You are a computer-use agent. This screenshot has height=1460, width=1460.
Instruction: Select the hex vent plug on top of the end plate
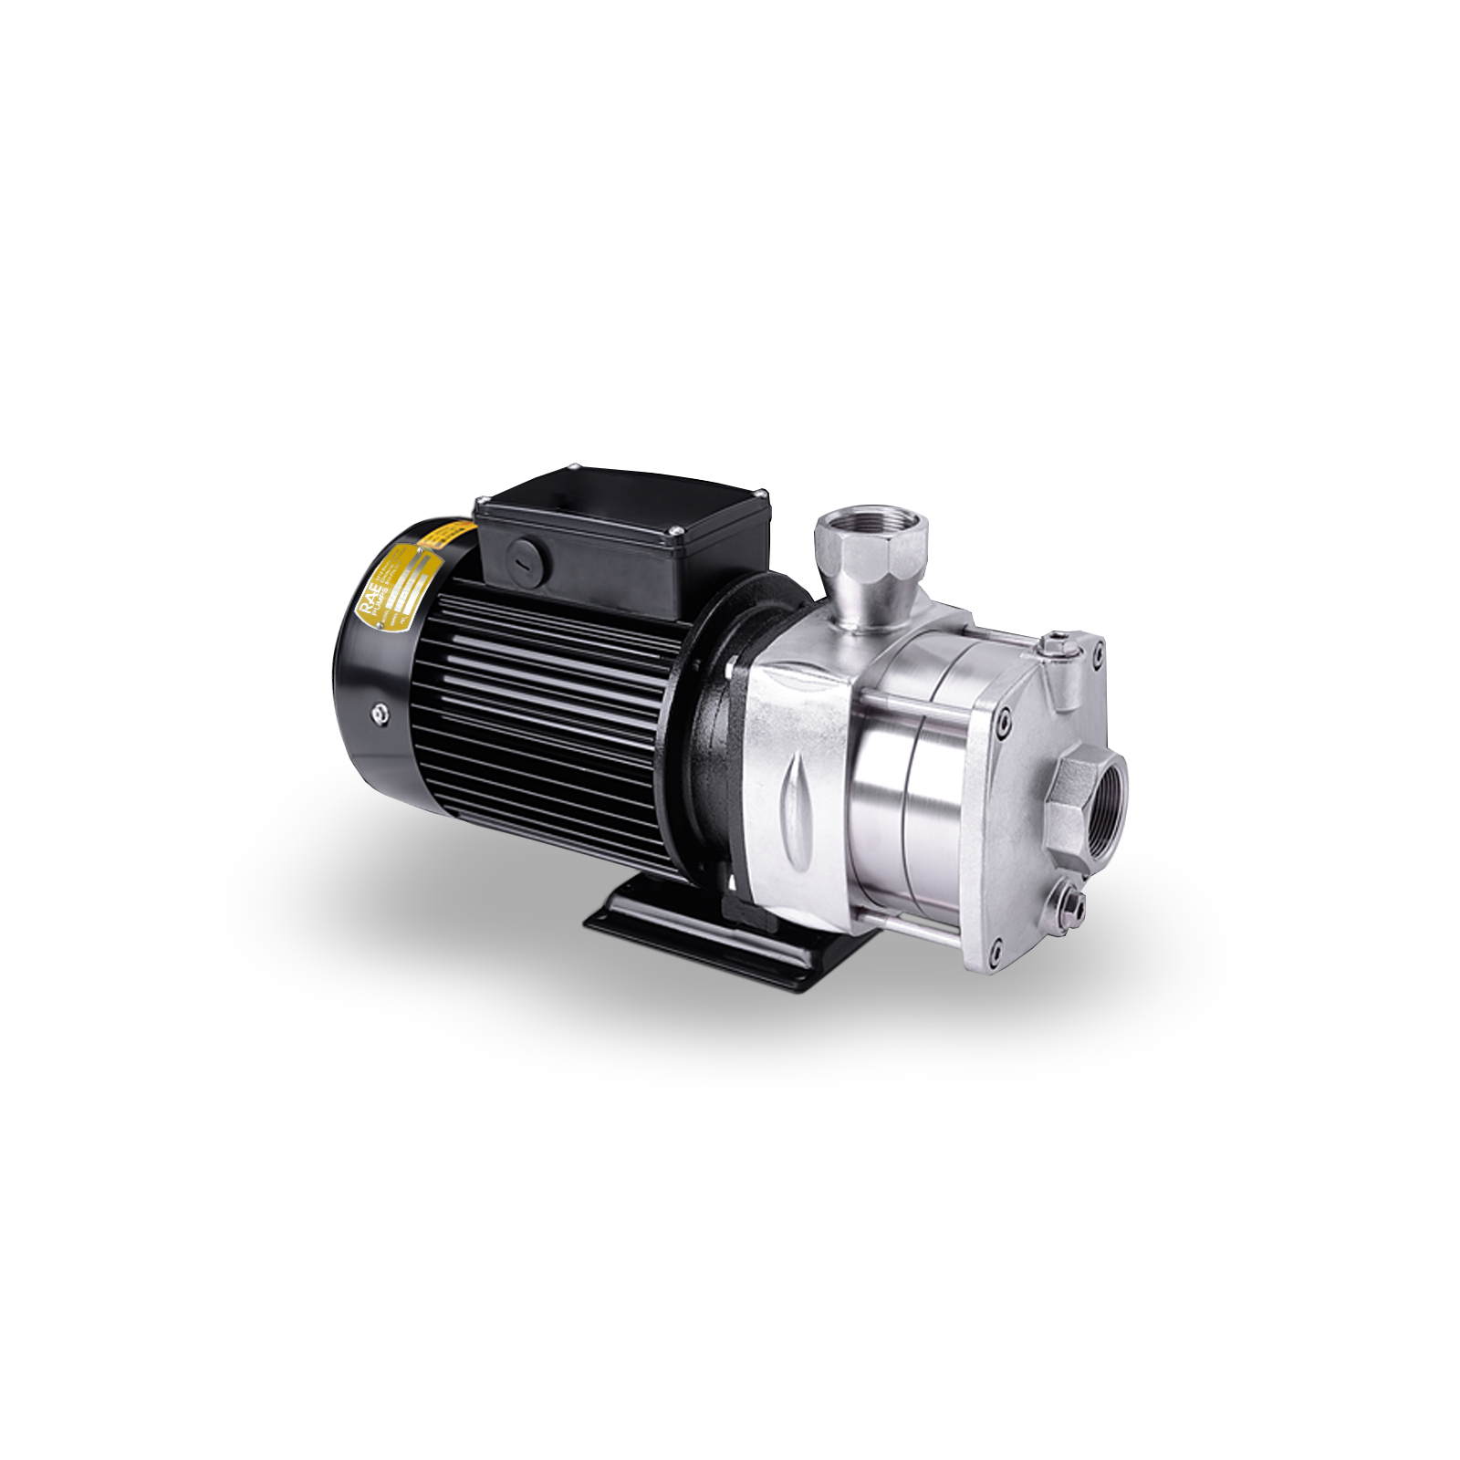point(1059,644)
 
